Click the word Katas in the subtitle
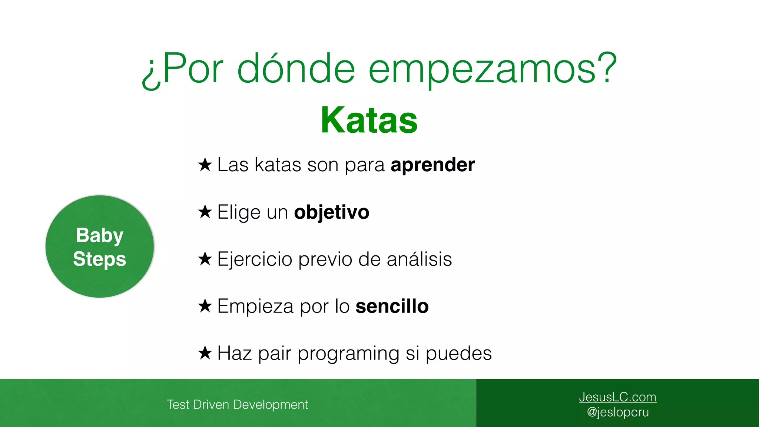(x=369, y=120)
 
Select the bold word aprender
(x=432, y=165)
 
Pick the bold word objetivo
(x=331, y=212)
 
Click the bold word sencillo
(x=392, y=306)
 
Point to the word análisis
(x=419, y=259)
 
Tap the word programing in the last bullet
(x=348, y=354)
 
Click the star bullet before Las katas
(x=205, y=165)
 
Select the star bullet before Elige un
(x=205, y=212)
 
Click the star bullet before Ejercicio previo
(x=205, y=259)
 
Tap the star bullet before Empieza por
(x=205, y=306)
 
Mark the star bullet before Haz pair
(x=205, y=353)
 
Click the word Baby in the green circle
(x=99, y=236)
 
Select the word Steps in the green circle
(x=99, y=259)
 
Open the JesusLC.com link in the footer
(x=617, y=397)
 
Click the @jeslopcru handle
(x=617, y=412)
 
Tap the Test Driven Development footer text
(x=237, y=404)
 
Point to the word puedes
(x=458, y=354)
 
